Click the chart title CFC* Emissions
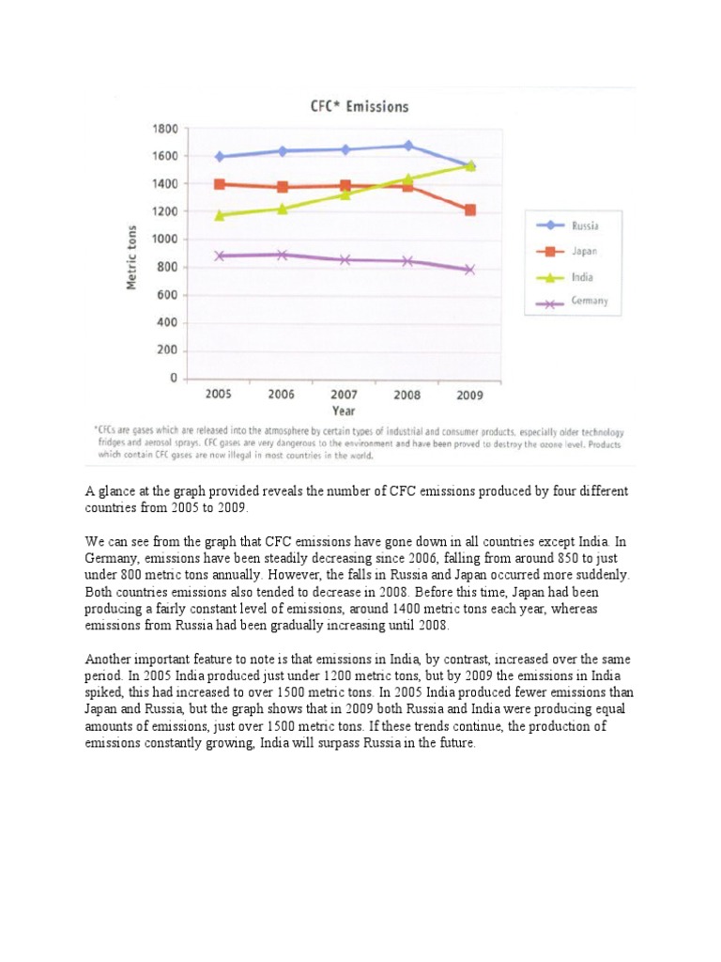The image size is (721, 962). (x=360, y=107)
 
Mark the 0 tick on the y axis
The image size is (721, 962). (x=172, y=379)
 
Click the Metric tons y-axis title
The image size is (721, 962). (x=132, y=257)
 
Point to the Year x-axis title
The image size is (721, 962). (x=343, y=411)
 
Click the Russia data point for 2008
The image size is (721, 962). (x=407, y=146)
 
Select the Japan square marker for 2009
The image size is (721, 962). (x=470, y=210)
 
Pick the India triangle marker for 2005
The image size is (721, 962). (x=220, y=215)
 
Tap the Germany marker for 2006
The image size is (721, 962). (x=282, y=255)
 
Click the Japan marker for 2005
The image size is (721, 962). (x=220, y=184)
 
